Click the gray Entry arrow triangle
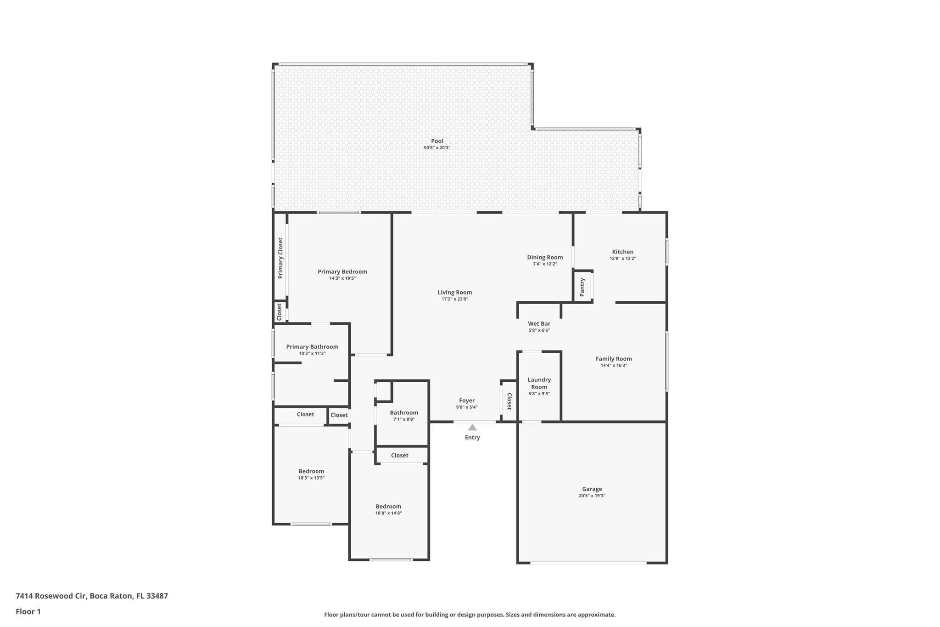pos(472,427)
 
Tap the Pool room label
pos(437,141)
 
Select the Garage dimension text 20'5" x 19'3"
pos(592,496)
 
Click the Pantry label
pos(582,287)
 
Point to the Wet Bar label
pos(539,323)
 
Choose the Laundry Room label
pos(539,383)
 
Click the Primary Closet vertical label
pos(280,258)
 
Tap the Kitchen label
pos(623,252)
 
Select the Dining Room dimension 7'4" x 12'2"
pos(545,264)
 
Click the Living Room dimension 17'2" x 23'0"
pos(455,299)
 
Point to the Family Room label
pos(614,359)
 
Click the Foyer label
pos(467,401)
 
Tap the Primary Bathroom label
pos(312,347)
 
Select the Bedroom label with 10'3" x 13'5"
pos(311,471)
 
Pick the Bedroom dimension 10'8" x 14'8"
pos(388,513)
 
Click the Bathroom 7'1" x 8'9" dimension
pos(404,419)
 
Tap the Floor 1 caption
pos(28,611)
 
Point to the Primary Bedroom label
pos(342,271)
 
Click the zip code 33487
pos(157,596)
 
